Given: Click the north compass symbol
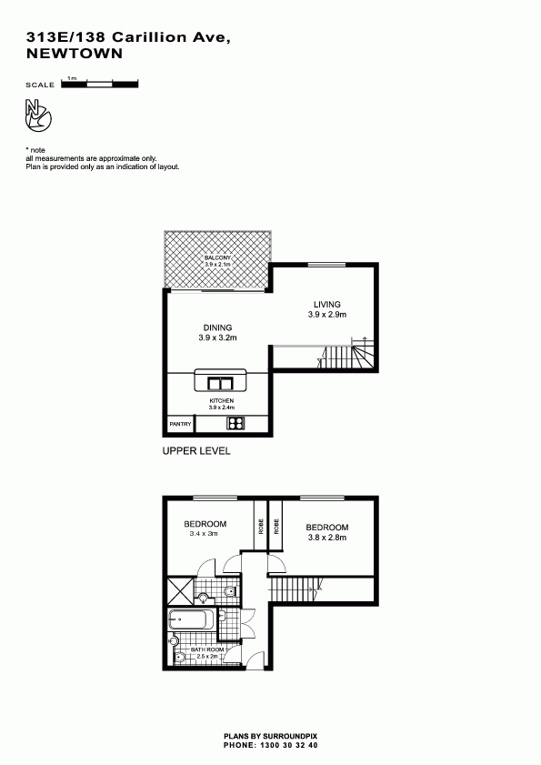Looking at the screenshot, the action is (38, 116).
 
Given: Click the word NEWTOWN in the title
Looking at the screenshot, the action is (75, 54).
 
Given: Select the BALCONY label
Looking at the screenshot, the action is (217, 257).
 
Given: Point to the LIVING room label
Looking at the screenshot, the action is (326, 305).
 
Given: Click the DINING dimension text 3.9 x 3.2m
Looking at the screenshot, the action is (217, 337).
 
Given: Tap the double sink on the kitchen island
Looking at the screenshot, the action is (220, 384).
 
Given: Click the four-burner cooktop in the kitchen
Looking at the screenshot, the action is (235, 423).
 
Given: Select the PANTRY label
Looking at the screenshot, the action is (181, 424).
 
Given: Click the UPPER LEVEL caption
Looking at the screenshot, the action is (196, 451).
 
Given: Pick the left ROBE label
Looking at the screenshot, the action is (261, 526).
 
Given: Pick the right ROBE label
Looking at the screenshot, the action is (276, 526).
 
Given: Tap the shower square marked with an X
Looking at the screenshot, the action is (181, 591).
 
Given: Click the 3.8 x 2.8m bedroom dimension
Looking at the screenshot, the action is (326, 538).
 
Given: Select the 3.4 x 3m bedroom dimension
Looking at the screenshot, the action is (204, 534).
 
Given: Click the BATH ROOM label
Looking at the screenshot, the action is (207, 649).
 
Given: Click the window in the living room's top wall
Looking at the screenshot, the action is (326, 265).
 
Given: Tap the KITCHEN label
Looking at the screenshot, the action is (222, 400).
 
